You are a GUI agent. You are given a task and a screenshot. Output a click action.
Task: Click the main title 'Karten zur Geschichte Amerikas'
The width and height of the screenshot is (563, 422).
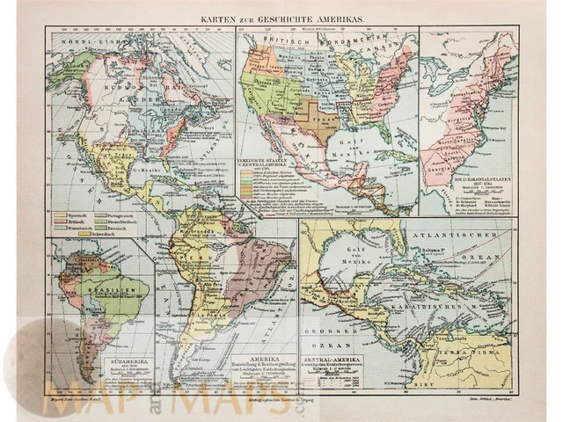(x=283, y=18)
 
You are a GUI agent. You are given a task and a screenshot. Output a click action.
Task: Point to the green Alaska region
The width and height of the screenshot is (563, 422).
(x=64, y=64)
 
